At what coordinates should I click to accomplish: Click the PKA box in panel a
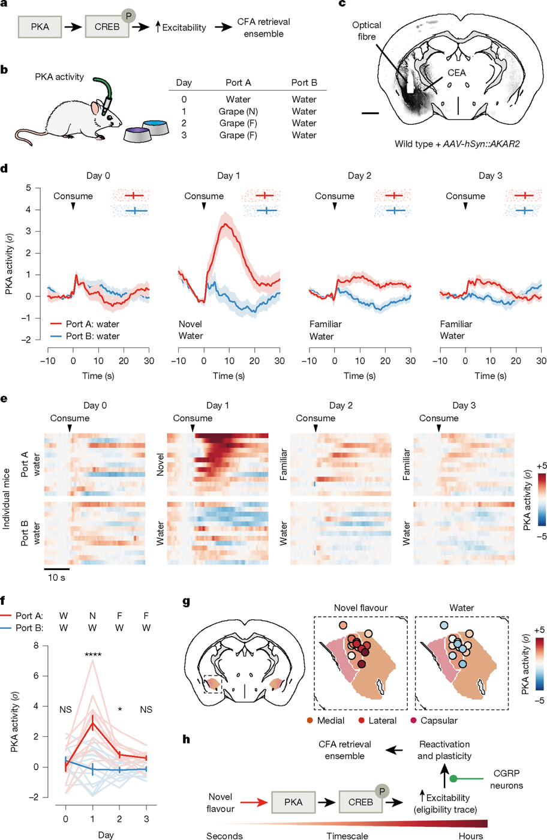pyautogui.click(x=40, y=27)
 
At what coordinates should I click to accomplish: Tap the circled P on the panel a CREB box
pyautogui.click(x=128, y=16)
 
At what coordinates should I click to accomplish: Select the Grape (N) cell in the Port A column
pyautogui.click(x=238, y=112)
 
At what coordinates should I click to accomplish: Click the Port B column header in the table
pyautogui.click(x=304, y=83)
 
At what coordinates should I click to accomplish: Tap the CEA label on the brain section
pyautogui.click(x=456, y=73)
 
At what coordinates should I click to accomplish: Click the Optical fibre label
pyautogui.click(x=366, y=31)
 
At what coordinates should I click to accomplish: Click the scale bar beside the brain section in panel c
pyautogui.click(x=371, y=113)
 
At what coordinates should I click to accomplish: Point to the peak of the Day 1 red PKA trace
pyautogui.click(x=225, y=224)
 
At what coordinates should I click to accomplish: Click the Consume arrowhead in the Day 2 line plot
pyautogui.click(x=335, y=206)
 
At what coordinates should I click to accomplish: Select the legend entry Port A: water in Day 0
pyautogui.click(x=85, y=324)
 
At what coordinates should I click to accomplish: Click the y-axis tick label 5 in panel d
pyautogui.click(x=29, y=187)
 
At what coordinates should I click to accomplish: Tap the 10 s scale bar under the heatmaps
pyautogui.click(x=56, y=569)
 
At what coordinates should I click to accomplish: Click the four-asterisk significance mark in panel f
pyautogui.click(x=92, y=655)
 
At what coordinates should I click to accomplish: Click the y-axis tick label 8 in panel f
pyautogui.click(x=36, y=646)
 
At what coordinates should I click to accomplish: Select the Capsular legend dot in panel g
pyautogui.click(x=413, y=721)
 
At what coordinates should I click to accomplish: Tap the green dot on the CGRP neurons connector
pyautogui.click(x=453, y=779)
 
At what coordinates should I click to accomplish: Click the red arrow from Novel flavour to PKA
pyautogui.click(x=254, y=802)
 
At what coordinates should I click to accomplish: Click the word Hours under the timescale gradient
pyautogui.click(x=470, y=836)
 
